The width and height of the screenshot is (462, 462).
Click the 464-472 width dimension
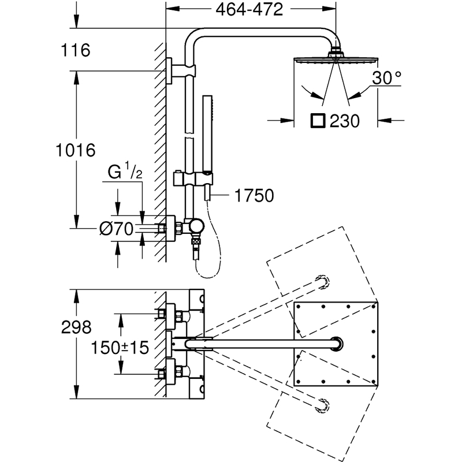pyautogui.click(x=249, y=9)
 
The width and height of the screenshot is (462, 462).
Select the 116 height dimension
pyautogui.click(x=76, y=50)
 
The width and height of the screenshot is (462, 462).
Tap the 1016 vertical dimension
pyautogui.click(x=76, y=150)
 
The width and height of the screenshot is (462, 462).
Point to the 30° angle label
pyautogui.click(x=386, y=78)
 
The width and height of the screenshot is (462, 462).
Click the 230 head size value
pyautogui.click(x=345, y=121)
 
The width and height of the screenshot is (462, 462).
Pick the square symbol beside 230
pyautogui.click(x=318, y=121)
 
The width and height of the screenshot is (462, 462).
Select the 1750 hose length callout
pyautogui.click(x=254, y=195)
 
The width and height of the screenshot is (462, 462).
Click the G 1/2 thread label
pyautogui.click(x=125, y=170)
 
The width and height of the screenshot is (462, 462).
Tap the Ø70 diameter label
pyautogui.click(x=117, y=229)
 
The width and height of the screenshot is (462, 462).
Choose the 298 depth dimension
pyautogui.click(x=76, y=327)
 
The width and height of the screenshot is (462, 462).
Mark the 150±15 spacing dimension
pyautogui.click(x=120, y=348)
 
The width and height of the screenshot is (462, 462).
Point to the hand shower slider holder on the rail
pyautogui.click(x=193, y=179)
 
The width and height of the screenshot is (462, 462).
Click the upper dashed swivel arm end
pyautogui.click(x=323, y=282)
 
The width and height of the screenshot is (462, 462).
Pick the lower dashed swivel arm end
pyautogui.click(x=323, y=406)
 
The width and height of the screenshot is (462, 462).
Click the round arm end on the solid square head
pyautogui.click(x=337, y=344)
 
